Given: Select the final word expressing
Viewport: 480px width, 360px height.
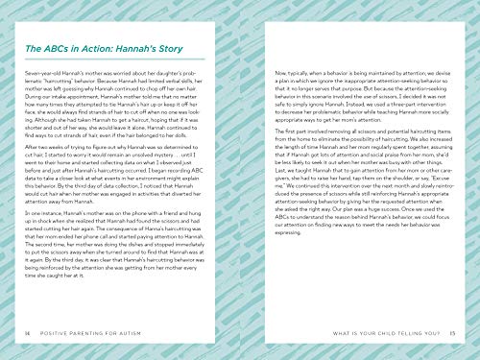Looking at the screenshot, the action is (x=268, y=259).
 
